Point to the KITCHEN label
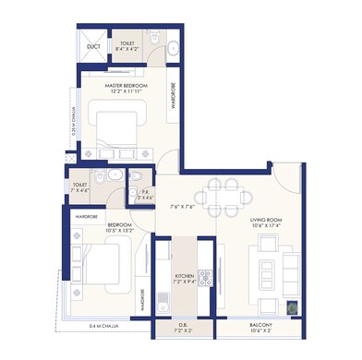(x=185, y=276)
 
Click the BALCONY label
(x=260, y=326)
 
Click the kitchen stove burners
(x=206, y=276)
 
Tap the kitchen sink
(x=163, y=299)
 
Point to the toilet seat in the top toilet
(x=154, y=40)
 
